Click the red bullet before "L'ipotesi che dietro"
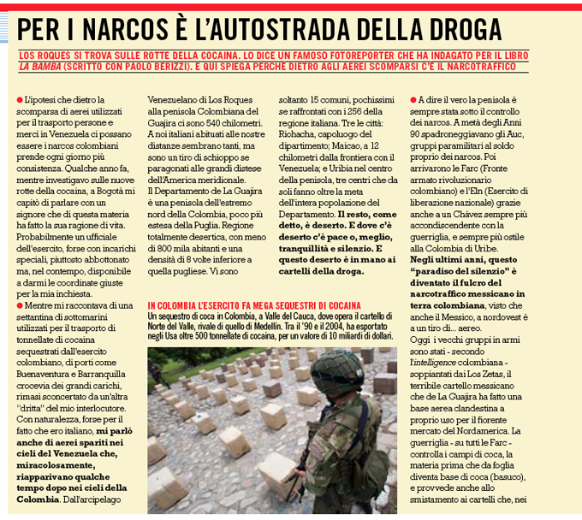point(19,101)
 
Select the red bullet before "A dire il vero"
point(413,101)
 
